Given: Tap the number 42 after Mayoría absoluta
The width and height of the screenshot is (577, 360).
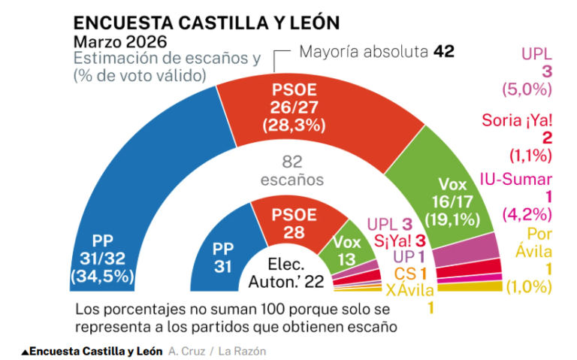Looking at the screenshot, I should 444,52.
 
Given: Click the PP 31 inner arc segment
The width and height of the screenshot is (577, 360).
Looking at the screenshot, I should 224,256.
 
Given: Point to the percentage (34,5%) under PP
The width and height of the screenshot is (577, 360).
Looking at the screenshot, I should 102,276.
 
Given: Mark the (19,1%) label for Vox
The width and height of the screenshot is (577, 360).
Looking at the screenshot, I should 458,220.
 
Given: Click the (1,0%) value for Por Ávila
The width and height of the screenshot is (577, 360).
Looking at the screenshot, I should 530,286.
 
